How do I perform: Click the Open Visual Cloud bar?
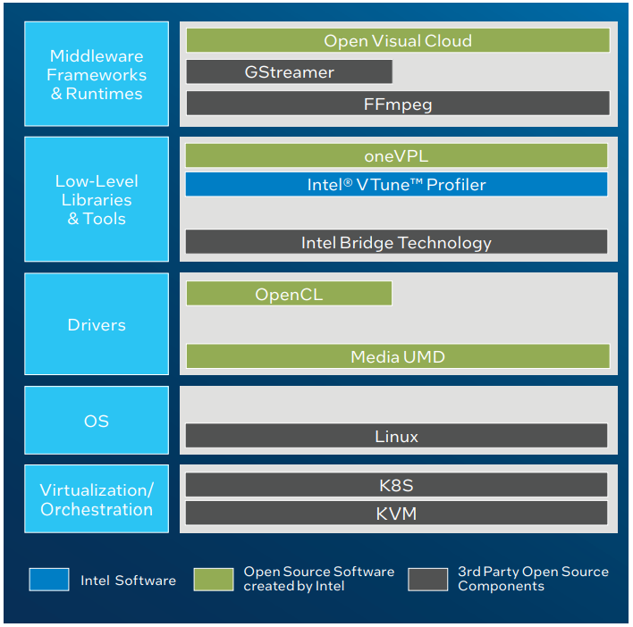(398, 40)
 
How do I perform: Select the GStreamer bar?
(289, 71)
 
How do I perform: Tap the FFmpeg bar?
(398, 104)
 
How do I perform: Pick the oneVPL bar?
(396, 155)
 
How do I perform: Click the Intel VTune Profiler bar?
(396, 185)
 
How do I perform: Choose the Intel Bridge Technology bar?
(396, 242)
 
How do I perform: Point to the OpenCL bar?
(289, 294)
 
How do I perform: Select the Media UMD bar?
(398, 356)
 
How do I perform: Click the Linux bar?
(396, 436)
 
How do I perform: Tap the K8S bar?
(396, 485)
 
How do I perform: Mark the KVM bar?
(396, 514)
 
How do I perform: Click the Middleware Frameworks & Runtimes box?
(97, 74)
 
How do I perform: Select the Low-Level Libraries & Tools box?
(97, 199)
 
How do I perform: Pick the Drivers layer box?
(97, 324)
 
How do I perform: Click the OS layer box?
(97, 420)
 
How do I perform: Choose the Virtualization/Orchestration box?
(97, 499)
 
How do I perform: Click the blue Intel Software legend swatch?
(48, 580)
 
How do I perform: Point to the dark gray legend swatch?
(427, 580)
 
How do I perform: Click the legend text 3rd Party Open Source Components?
(533, 579)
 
